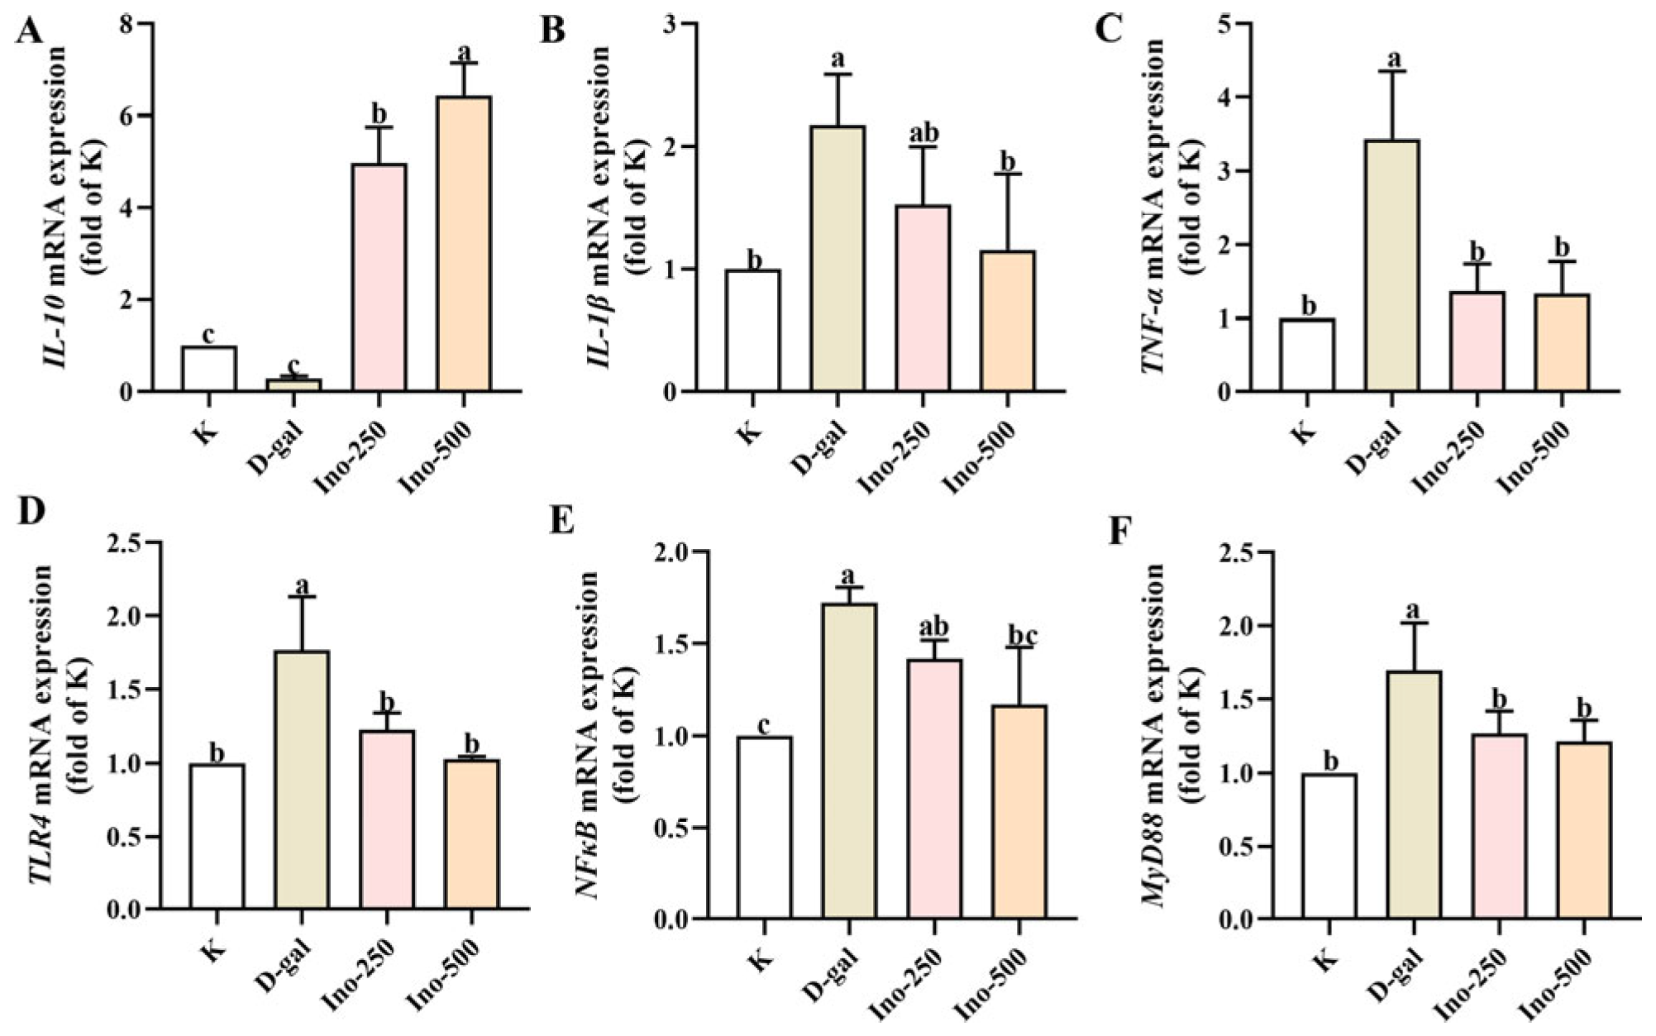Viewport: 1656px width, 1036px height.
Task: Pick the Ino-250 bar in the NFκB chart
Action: click(x=934, y=790)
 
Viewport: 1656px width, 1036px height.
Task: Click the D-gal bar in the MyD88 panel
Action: click(x=1415, y=795)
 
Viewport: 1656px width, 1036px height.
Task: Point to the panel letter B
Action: click(x=552, y=31)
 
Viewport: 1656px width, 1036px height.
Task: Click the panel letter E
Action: click(x=562, y=523)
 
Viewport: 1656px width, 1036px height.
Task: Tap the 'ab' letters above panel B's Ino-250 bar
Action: click(x=923, y=134)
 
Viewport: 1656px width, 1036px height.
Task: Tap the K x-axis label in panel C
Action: click(x=1304, y=429)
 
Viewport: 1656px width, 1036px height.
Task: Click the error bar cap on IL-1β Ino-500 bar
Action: click(x=1008, y=174)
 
